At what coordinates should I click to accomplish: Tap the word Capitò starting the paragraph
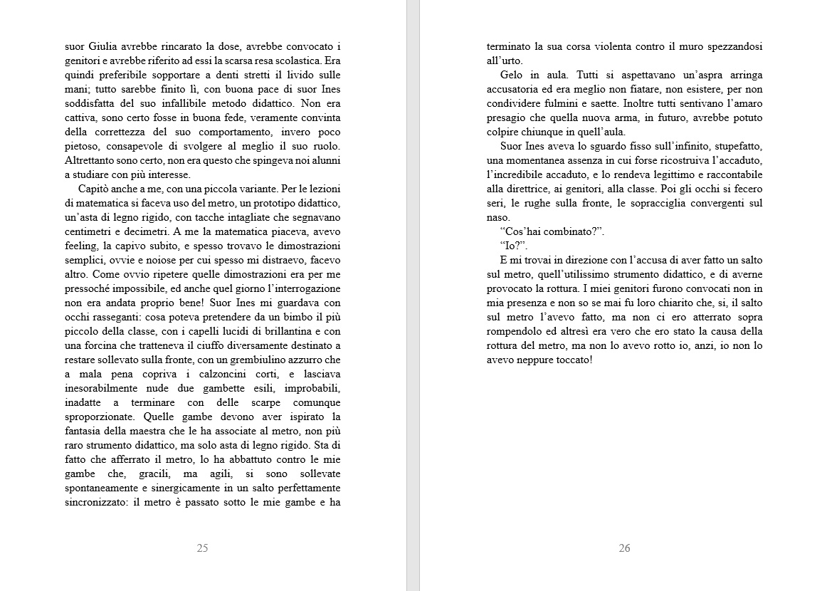95,189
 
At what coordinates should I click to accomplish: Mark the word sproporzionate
101,417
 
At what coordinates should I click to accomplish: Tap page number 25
202,548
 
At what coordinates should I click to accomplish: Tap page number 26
624,548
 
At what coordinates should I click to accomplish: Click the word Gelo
513,75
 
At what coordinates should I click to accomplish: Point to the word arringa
742,75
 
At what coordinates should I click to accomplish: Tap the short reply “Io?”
514,246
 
